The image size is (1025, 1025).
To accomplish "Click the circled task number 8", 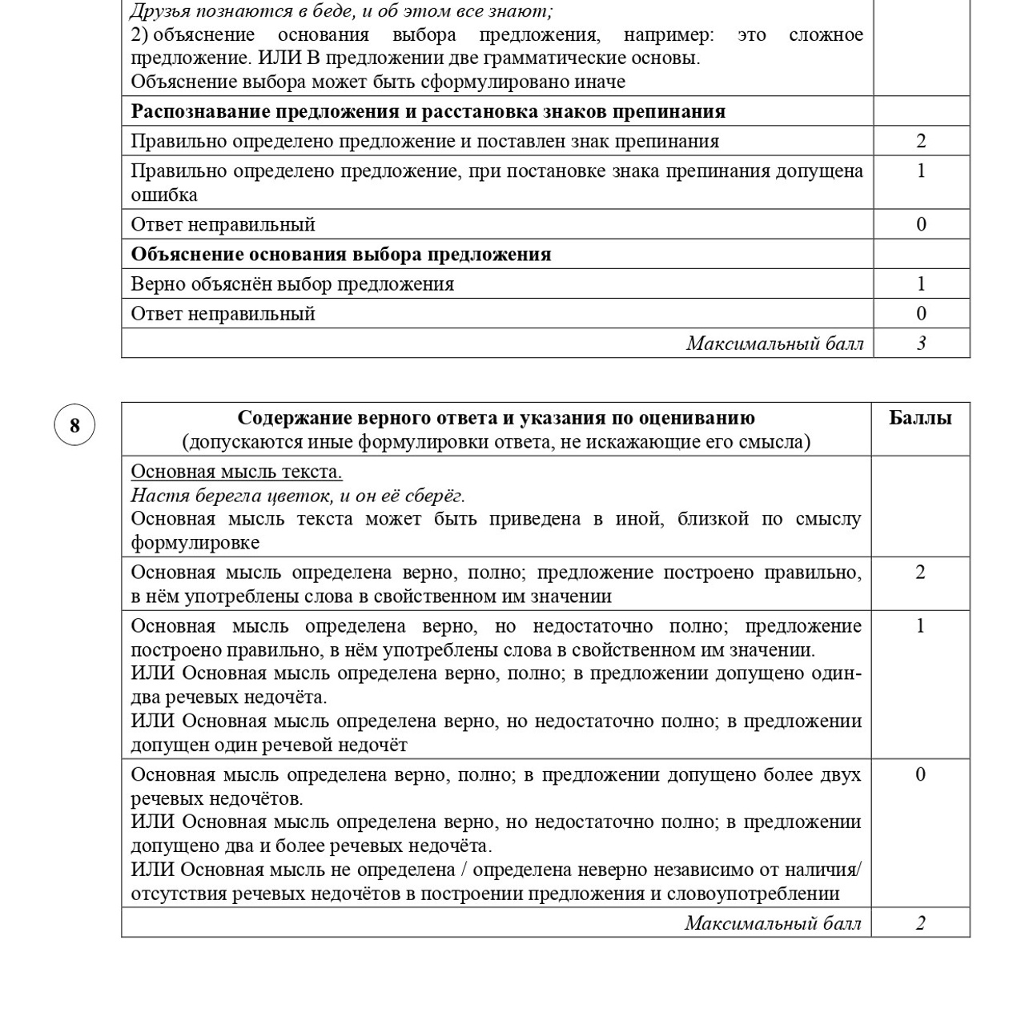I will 74,425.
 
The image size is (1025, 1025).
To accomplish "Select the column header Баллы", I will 920,418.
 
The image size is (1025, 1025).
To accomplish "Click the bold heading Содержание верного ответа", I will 496,418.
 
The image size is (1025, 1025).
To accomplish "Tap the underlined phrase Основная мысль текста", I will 236,472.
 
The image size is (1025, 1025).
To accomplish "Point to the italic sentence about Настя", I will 298,496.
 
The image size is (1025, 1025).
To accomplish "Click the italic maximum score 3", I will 921,344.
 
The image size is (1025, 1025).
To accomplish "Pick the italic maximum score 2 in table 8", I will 920,923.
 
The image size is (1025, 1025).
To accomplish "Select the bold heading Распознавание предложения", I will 428,111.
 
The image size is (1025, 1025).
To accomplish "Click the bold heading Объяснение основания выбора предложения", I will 341,255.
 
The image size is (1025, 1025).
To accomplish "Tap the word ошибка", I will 164,195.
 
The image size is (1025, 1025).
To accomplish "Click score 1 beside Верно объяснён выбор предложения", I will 921,284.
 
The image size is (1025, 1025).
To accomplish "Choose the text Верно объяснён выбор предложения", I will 292,284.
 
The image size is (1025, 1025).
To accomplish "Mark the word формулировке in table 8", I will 195,543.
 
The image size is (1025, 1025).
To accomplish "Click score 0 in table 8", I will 920,774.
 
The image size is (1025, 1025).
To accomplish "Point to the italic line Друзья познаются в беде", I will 341,11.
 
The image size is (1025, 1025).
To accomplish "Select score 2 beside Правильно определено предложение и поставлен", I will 921,142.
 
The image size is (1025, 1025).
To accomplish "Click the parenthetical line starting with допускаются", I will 496,442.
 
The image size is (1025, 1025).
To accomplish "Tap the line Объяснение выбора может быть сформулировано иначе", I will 378,82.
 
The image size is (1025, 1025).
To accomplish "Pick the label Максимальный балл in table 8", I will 773,923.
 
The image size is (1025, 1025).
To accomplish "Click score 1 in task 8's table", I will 920,626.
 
